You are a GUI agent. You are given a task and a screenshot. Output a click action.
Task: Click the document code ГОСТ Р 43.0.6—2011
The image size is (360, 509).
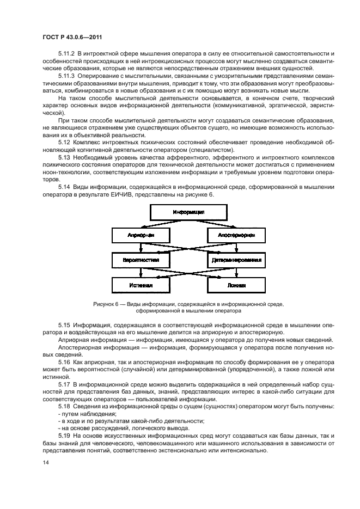point(73,38)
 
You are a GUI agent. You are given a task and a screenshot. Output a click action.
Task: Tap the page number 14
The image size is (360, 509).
point(45,463)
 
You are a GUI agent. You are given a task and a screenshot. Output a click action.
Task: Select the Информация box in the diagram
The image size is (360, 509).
point(188,212)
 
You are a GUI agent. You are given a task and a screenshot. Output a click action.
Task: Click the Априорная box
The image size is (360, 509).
point(141,236)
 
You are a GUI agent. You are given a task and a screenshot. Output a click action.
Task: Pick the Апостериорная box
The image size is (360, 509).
point(236,236)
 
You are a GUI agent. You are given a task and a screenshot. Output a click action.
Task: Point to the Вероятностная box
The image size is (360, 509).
point(141,260)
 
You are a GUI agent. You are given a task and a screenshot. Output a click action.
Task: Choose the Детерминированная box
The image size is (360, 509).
point(236,260)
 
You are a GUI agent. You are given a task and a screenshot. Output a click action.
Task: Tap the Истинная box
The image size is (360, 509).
point(141,285)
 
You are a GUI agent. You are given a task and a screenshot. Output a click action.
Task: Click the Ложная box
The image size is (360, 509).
point(236,285)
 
